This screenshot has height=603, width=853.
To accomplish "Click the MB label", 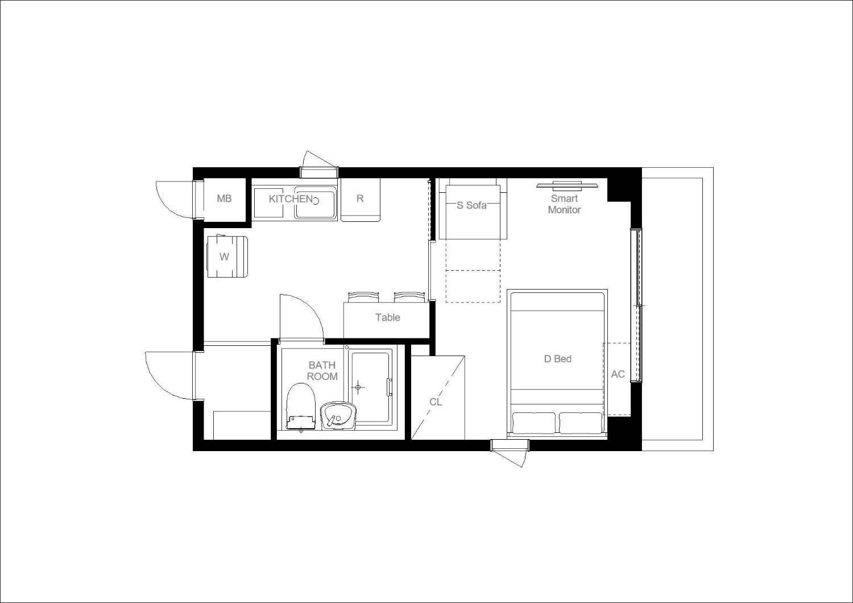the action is coord(224,199).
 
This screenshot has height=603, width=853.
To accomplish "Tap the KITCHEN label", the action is coord(291,199).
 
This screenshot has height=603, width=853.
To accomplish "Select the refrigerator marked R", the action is coord(360,200).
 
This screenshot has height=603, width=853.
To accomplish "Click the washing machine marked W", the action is coord(227,256).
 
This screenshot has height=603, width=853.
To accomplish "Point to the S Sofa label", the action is coord(471,205).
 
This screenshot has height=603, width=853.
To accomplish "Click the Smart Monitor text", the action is coord(564,204).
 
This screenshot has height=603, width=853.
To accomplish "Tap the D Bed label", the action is coord(557,359).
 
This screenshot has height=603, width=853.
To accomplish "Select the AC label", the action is coord(618,374).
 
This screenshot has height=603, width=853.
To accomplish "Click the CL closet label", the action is coord(436,402).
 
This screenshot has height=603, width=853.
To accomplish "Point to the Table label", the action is coord(388,317).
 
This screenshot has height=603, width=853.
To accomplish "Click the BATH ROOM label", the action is coord(322,371).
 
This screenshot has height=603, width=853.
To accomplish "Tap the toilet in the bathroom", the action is coord(301,406).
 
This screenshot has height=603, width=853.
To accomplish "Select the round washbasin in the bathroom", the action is coord(338,416).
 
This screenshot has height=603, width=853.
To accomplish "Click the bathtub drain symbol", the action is coord(358,387).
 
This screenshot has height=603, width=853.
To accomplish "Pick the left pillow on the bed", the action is coord(533,423).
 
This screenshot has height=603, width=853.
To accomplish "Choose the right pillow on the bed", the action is coord(581,423).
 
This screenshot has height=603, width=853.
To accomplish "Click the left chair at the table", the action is coord(363,297).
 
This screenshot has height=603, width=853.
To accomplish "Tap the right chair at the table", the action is coord(409,297).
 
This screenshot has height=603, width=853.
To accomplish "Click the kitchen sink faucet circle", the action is coord(315,201).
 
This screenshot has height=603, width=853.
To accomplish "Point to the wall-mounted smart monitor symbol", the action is coord(567,185).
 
